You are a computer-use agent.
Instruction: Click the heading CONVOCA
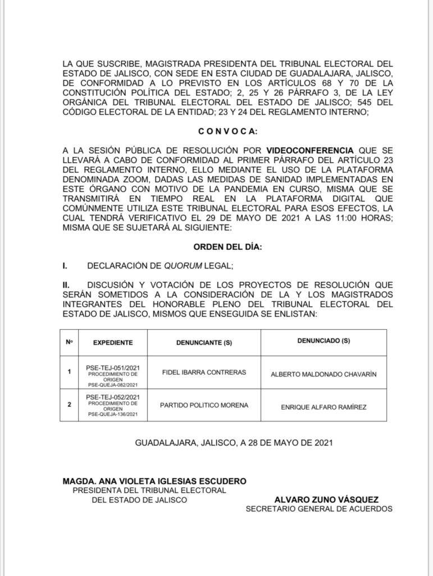click(227, 132)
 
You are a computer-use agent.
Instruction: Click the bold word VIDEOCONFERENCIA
click(310, 151)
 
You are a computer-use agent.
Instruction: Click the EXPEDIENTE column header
click(113, 342)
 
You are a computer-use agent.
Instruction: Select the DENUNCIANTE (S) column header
click(204, 342)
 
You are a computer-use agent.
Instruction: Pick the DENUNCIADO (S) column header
click(323, 341)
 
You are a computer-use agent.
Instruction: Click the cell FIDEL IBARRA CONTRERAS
click(204, 372)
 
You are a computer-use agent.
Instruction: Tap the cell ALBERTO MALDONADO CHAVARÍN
click(323, 374)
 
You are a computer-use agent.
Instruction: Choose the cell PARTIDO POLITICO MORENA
click(204, 405)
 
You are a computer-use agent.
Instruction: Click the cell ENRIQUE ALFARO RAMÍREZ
click(323, 407)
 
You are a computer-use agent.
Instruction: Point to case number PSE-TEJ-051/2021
click(112, 367)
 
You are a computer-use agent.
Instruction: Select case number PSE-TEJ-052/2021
click(112, 397)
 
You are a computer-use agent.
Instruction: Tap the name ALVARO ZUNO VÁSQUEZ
click(326, 499)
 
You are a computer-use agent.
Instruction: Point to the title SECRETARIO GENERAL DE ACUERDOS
click(319, 509)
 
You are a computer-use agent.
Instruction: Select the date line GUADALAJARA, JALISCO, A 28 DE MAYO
click(234, 442)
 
